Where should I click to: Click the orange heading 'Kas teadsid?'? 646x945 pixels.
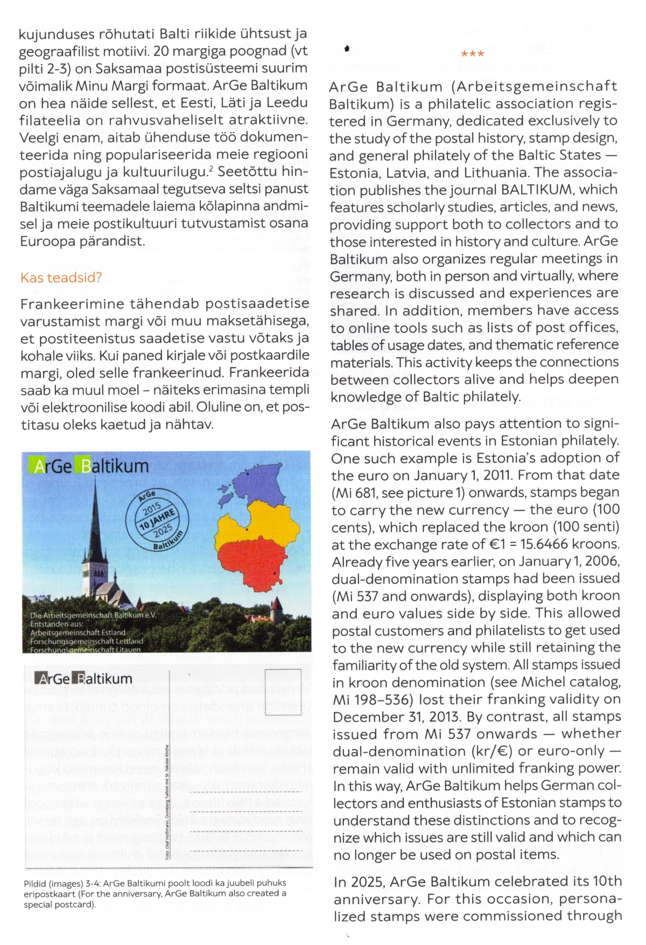[61, 278]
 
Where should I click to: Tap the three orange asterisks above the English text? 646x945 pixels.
[473, 54]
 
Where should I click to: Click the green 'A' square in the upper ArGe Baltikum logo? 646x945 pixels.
[39, 466]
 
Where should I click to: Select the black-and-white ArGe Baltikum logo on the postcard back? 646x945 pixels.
[83, 679]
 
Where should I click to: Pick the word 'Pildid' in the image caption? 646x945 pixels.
[34, 884]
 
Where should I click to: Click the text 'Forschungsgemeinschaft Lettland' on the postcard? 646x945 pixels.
[87, 641]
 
